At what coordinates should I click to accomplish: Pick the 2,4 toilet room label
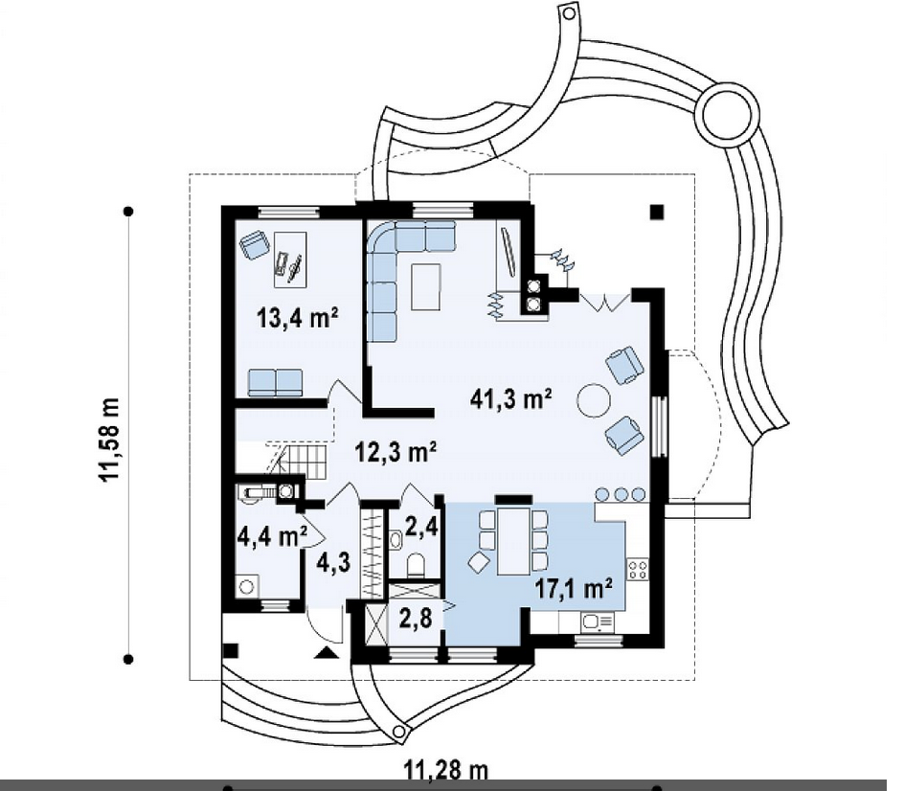point(423,526)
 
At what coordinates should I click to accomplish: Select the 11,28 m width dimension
point(445,769)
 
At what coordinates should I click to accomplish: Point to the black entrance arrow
point(327,653)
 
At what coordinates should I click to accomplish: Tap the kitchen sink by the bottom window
point(599,621)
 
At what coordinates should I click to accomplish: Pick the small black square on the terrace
point(656,213)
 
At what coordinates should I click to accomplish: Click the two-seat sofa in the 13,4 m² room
point(276,382)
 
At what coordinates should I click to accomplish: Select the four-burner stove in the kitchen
point(637,570)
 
